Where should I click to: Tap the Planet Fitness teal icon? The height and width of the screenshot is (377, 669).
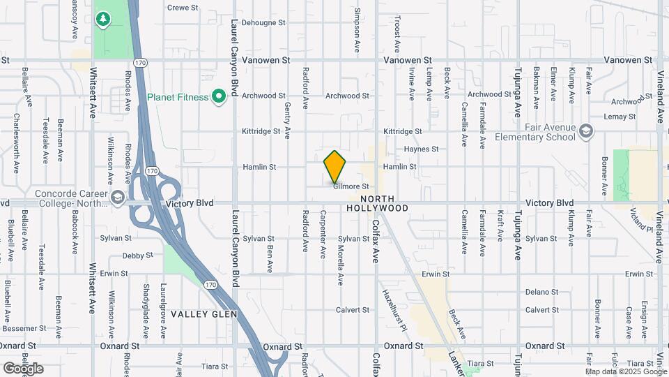tap(219, 96)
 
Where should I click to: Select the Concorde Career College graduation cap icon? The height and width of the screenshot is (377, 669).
tap(117, 198)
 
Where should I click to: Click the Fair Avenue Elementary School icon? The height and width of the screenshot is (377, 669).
tap(587, 131)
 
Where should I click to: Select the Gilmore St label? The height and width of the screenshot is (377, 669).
tap(351, 186)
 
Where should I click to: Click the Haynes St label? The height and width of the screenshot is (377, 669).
tap(421, 149)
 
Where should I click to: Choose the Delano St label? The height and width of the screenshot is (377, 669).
tap(541, 292)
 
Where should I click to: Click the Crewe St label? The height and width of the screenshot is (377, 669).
tap(184, 8)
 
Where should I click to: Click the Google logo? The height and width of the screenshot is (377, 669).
tap(23, 368)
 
